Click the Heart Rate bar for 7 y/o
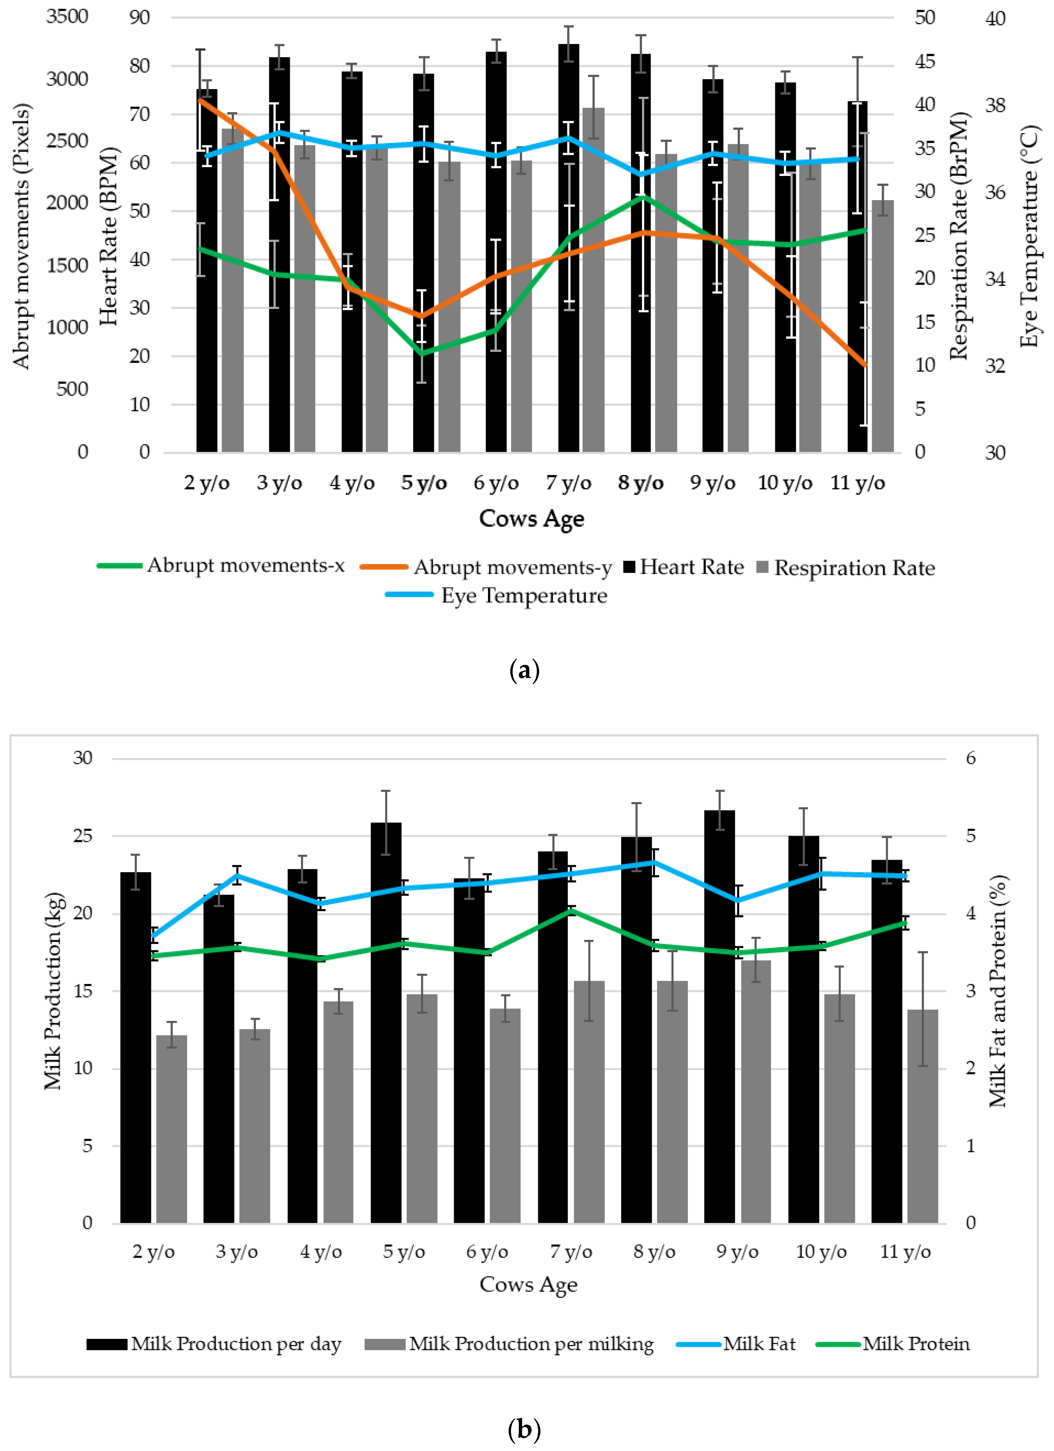point(568,256)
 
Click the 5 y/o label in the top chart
point(424,483)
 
